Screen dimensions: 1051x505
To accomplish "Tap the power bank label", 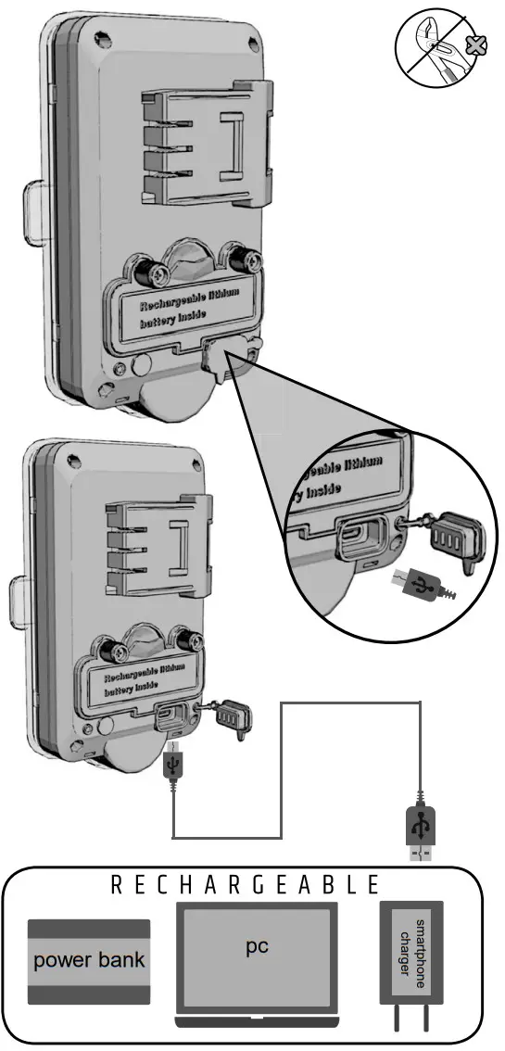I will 89,960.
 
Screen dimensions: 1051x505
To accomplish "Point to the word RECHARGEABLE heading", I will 246,885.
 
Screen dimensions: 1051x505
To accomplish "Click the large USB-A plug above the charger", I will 420,827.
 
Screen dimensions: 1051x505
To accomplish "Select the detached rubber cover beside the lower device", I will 231,717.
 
